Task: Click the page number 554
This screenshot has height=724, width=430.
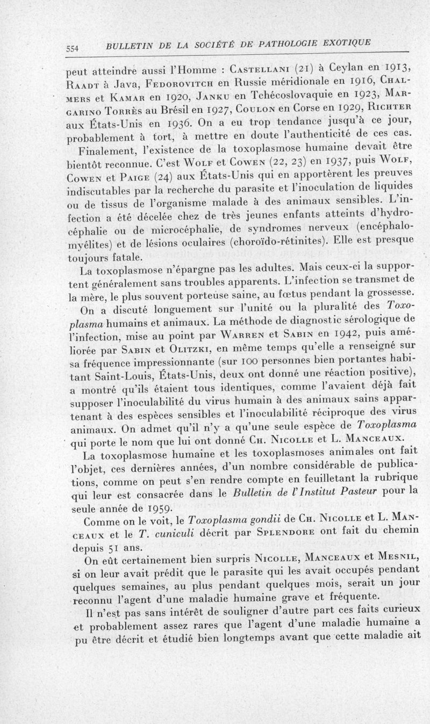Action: click(x=73, y=48)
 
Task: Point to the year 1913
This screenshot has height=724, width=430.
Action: click(x=398, y=67)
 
